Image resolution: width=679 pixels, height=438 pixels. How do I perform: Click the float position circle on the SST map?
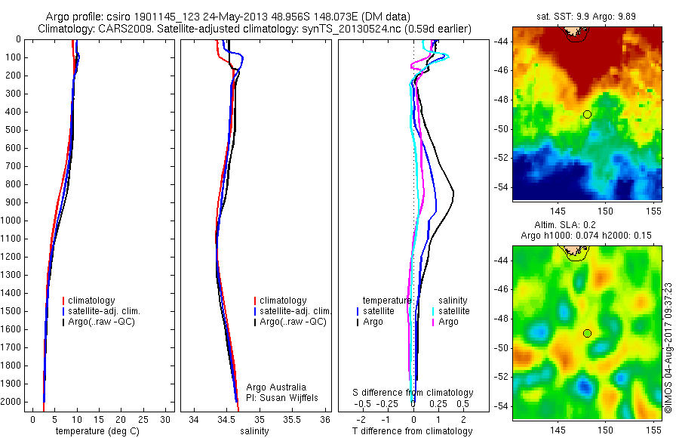pos(587,114)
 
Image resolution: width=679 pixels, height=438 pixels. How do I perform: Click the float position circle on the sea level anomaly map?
pos(587,333)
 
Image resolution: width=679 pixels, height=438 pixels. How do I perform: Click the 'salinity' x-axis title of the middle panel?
pos(254,431)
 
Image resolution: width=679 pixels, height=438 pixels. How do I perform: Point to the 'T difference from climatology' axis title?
pos(412,431)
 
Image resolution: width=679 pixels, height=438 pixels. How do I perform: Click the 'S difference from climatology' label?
pos(413,393)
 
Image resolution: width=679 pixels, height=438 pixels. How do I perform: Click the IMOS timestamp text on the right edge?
pos(668,347)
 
